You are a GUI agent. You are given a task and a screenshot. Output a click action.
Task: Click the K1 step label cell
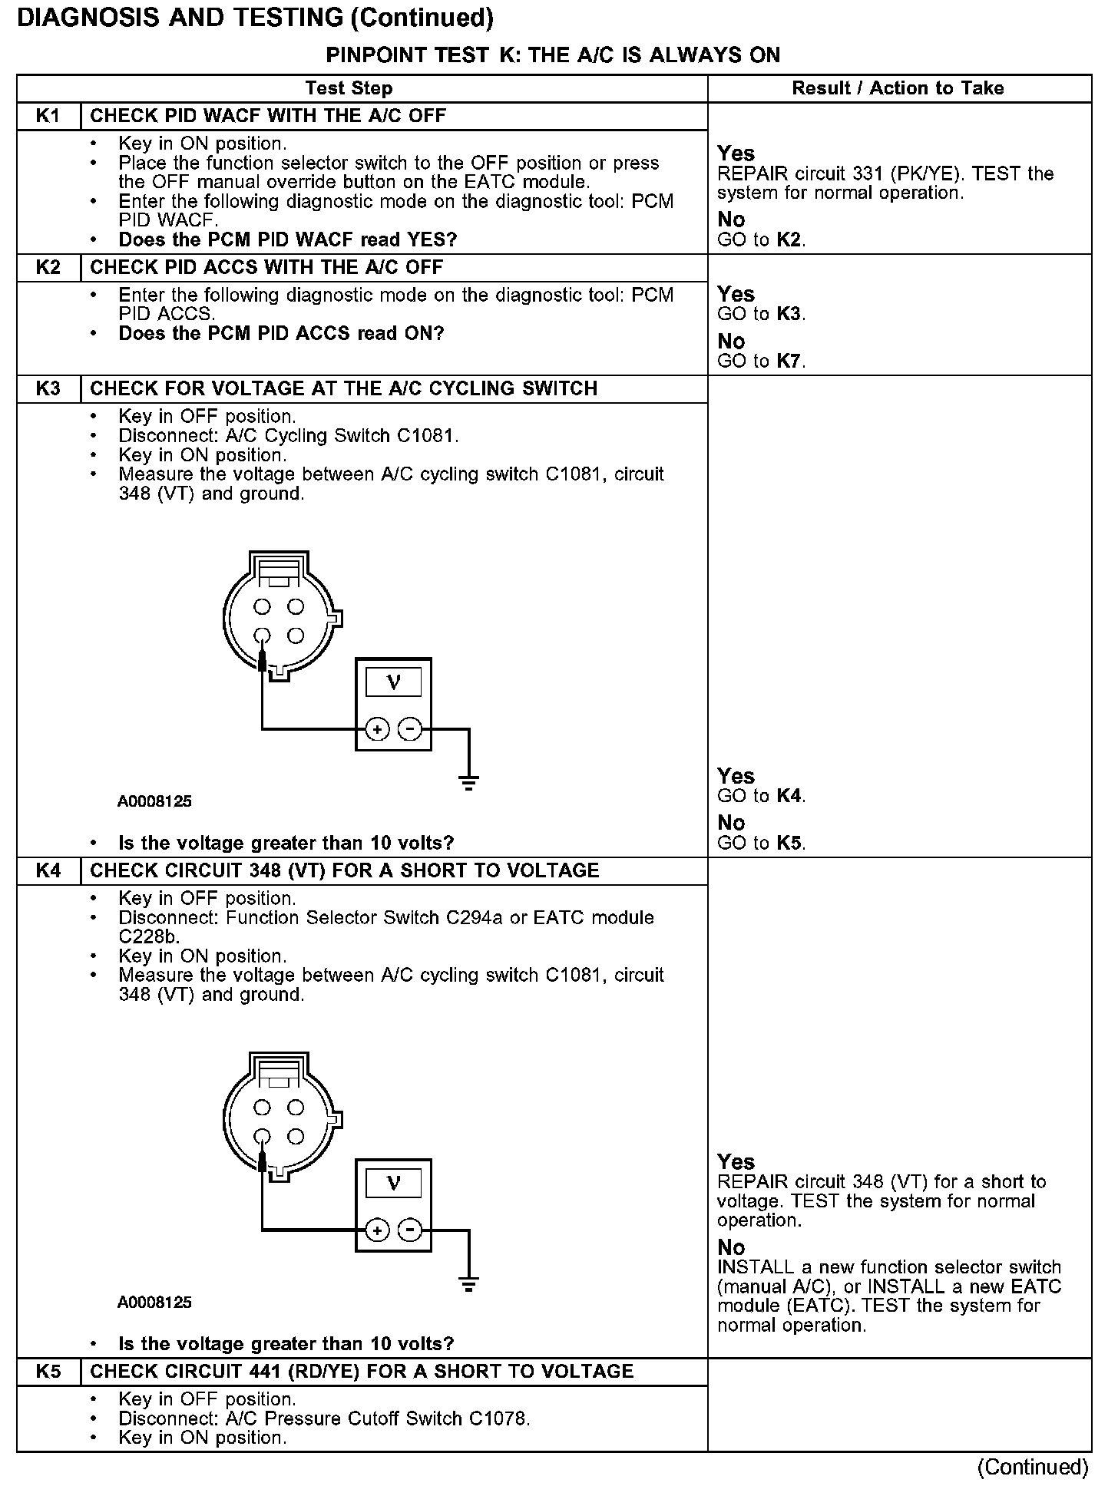click(x=48, y=116)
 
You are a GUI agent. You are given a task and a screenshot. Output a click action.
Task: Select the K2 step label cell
click(x=48, y=268)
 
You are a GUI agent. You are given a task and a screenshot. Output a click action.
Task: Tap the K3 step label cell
click(x=48, y=388)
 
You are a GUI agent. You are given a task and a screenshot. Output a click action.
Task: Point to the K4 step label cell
click(x=48, y=871)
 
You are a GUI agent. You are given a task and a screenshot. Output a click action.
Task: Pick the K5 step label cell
click(x=48, y=1372)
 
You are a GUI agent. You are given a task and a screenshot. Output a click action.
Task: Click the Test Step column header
click(x=349, y=88)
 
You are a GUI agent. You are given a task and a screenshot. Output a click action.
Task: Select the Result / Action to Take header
click(x=898, y=88)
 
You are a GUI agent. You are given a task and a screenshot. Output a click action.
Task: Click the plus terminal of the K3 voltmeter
click(x=377, y=728)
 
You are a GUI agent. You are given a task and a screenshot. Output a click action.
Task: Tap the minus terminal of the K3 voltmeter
click(x=411, y=728)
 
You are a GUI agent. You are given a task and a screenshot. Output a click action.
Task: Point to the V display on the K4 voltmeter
click(x=393, y=1183)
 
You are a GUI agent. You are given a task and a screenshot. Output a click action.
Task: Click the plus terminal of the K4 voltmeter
click(x=377, y=1230)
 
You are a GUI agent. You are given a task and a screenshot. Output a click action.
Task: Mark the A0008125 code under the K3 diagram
click(x=154, y=801)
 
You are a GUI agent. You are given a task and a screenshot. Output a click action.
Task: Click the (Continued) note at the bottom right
click(x=1032, y=1467)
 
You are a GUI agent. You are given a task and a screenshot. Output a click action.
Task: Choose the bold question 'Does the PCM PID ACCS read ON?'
click(x=281, y=334)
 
